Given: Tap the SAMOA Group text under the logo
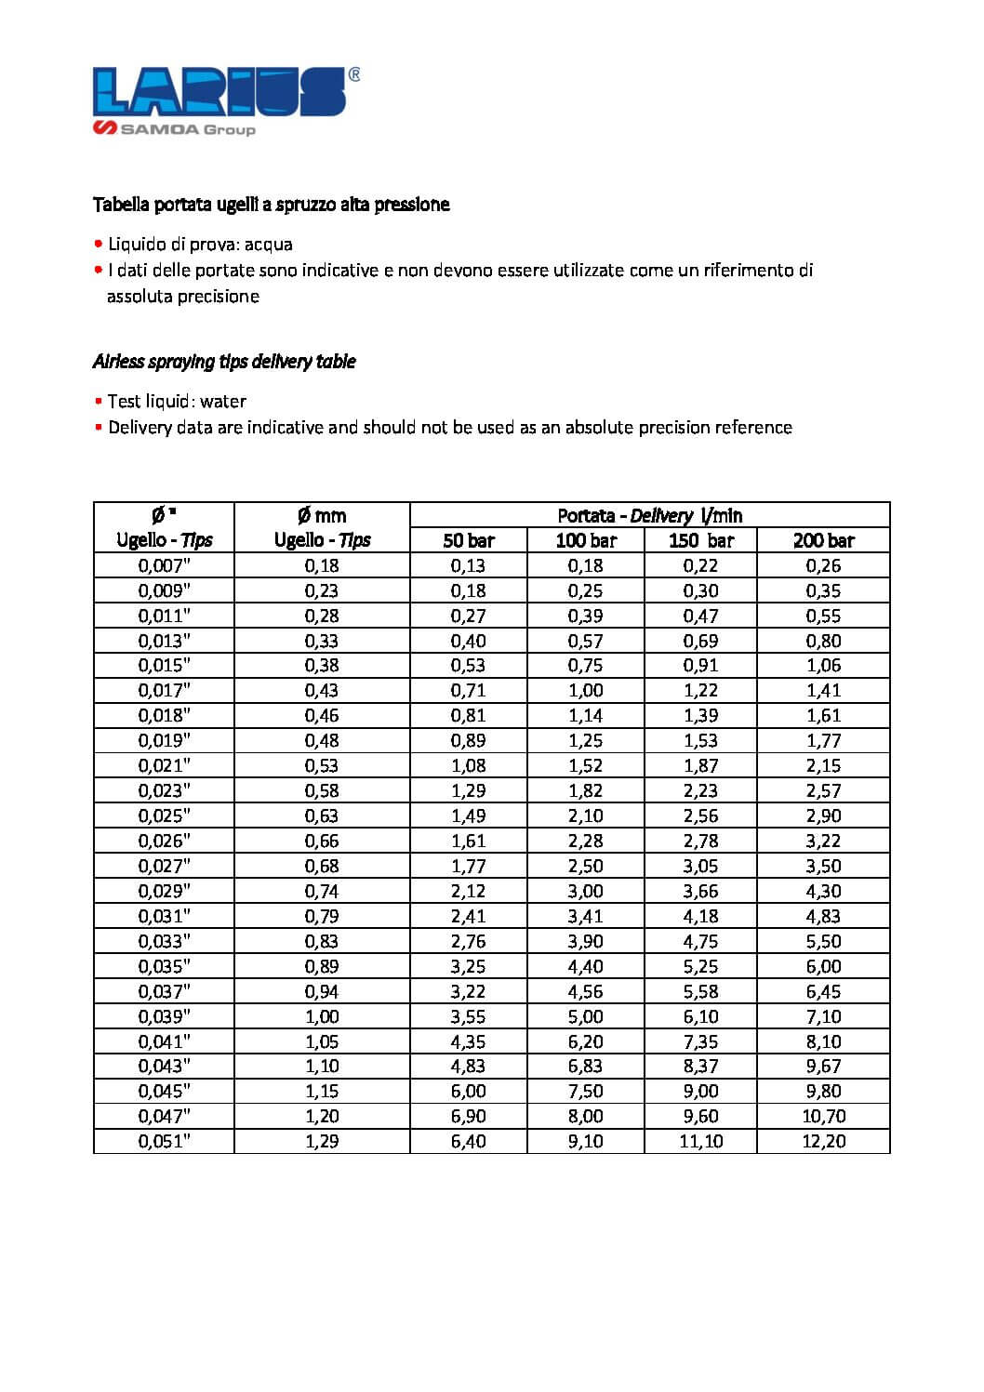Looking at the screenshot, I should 187,129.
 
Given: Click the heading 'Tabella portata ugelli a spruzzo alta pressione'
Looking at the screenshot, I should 271,205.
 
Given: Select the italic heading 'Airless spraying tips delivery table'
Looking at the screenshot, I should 224,362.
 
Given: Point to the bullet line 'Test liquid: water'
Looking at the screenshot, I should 176,402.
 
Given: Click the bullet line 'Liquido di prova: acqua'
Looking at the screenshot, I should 199,245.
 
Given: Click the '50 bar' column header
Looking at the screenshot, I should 469,540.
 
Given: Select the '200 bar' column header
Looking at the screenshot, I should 823,540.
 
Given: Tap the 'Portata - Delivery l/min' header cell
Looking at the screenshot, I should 649,515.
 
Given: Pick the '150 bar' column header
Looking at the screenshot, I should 700,540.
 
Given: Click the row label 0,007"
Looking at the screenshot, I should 164,565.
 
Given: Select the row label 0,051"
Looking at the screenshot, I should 164,1141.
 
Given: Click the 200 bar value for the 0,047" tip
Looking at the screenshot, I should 823,1116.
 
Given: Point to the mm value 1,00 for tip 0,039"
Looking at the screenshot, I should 322,1016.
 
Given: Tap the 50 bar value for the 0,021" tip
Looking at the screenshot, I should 469,765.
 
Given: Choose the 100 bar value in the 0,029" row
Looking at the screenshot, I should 585,891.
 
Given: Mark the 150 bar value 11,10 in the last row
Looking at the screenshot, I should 700,1141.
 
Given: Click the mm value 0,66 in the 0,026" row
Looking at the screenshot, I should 322,841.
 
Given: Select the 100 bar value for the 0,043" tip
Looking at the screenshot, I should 585,1066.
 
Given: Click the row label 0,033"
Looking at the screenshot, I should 164,941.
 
